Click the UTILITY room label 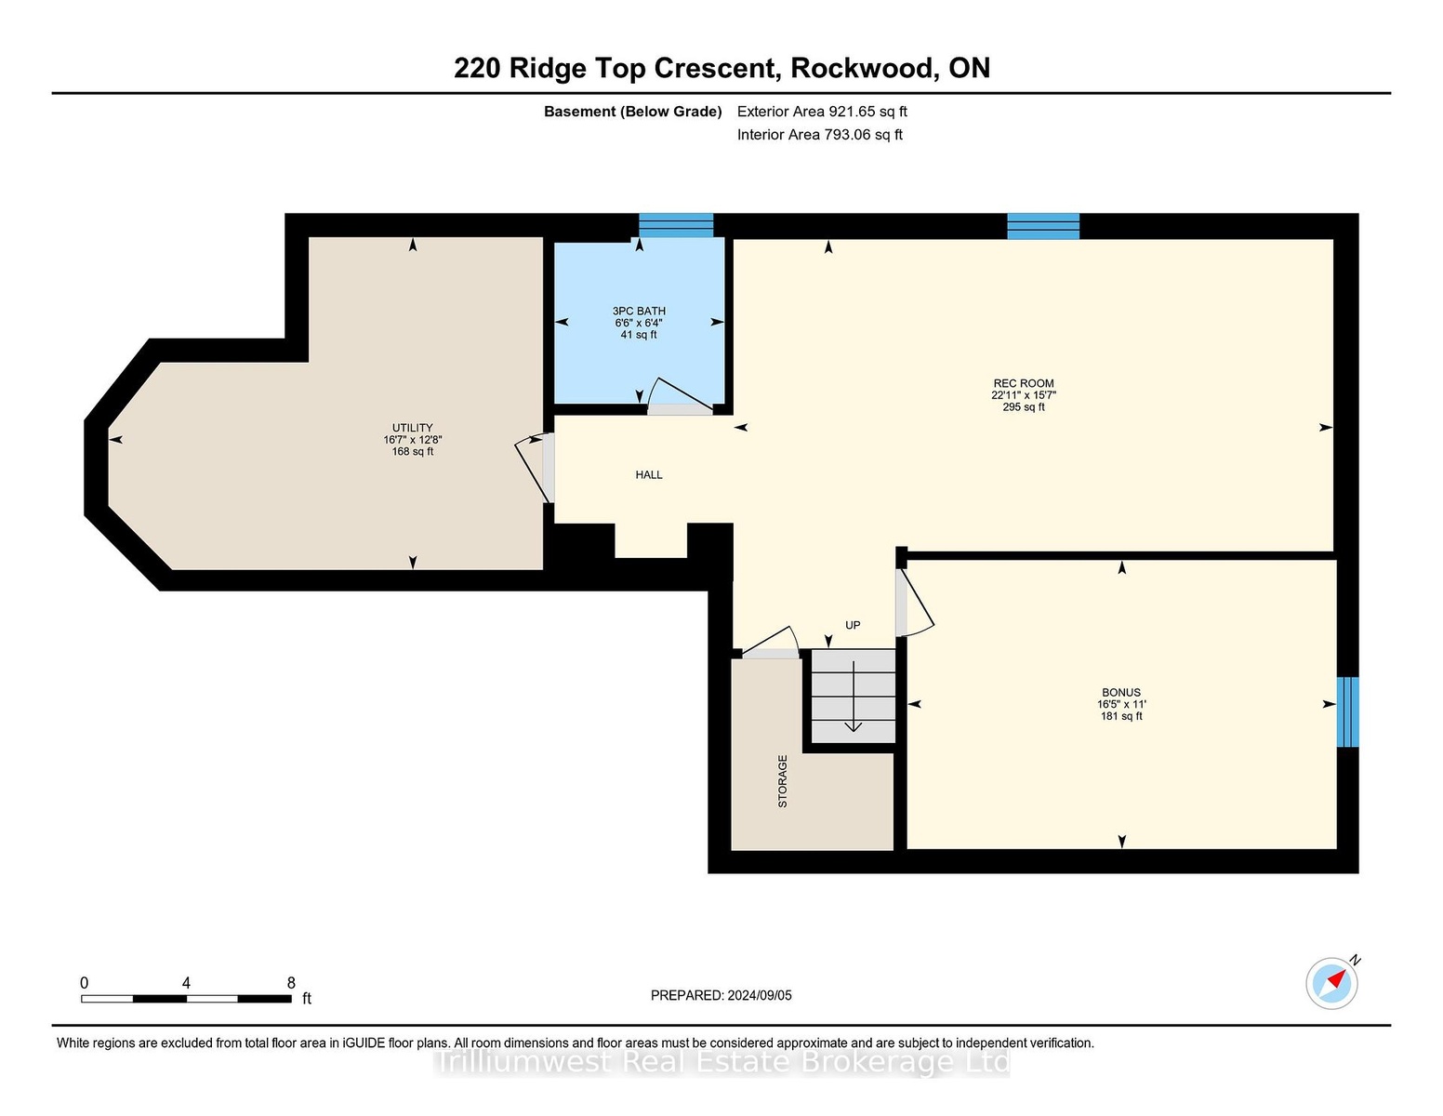tap(413, 428)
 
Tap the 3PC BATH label tap(639, 311)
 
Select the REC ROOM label tap(1024, 383)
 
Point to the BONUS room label tap(1121, 693)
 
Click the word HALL tap(649, 474)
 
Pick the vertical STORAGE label tap(782, 781)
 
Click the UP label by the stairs tap(853, 625)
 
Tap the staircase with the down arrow tap(854, 696)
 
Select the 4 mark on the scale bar tap(186, 983)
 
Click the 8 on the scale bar tap(291, 983)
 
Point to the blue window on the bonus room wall tap(1347, 711)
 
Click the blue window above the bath tap(676, 225)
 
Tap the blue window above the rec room tap(1043, 226)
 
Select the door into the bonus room tap(914, 604)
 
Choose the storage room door tap(770, 643)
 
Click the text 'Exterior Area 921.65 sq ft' tap(822, 112)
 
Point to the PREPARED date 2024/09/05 tap(760, 995)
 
